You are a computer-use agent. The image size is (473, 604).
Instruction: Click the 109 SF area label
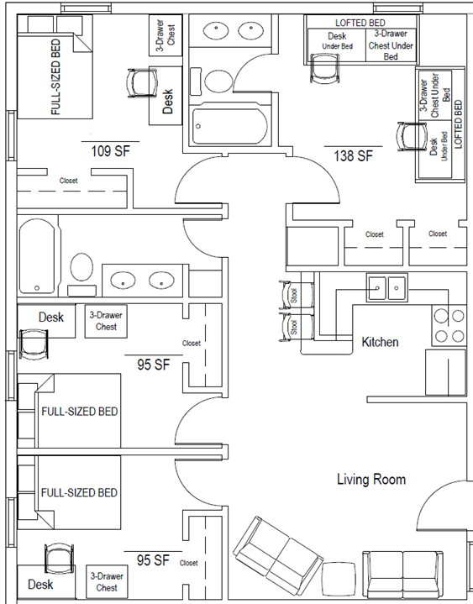point(110,150)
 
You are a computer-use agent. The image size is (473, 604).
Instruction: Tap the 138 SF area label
point(353,155)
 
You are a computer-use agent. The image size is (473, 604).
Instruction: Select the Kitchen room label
point(380,342)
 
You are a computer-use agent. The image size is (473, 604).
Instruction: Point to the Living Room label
point(371,479)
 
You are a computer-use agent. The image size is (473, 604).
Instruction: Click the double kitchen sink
point(386,288)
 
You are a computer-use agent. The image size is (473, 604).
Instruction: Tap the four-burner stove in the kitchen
point(449,325)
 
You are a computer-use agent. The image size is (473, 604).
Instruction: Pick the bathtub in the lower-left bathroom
point(37,256)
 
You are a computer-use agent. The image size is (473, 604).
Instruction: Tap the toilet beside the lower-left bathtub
point(81,274)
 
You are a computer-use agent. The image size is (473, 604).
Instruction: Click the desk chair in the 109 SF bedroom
point(142,83)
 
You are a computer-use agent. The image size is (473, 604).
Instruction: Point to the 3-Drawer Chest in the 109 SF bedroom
point(166,35)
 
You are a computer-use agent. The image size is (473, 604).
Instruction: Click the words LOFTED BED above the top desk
point(360,23)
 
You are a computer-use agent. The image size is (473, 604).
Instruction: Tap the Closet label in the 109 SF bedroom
point(68,181)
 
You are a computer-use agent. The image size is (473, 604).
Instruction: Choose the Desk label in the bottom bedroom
point(40,585)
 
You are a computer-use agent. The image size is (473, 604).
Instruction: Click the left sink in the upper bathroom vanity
point(216,31)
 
